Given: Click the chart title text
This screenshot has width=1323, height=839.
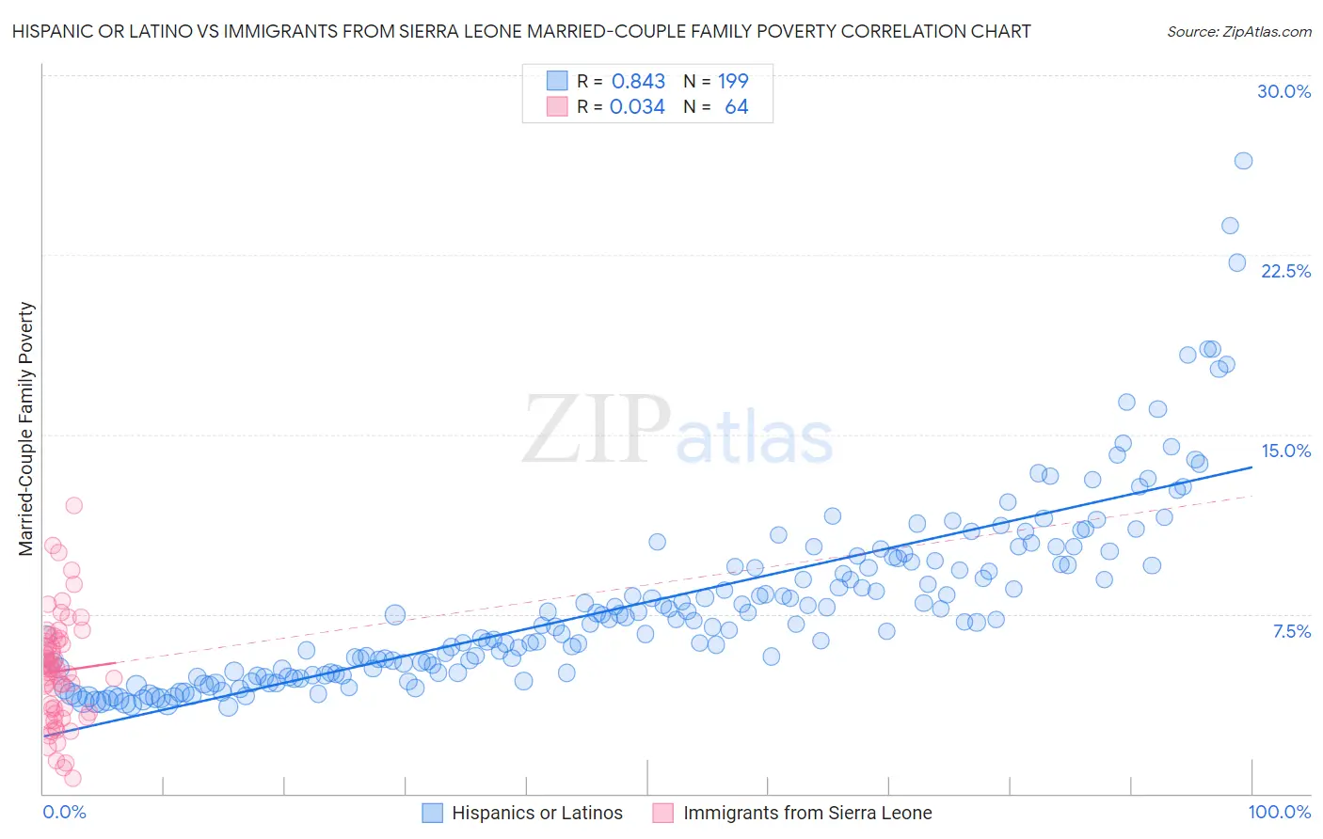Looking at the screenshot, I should [x=521, y=31].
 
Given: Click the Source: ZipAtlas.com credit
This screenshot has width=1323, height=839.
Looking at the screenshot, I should [x=1238, y=31].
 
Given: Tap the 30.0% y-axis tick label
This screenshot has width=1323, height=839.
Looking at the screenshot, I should [x=1283, y=91].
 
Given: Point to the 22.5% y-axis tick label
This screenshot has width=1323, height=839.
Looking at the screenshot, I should [x=1285, y=271].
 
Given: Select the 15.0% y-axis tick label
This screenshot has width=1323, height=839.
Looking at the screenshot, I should [x=1285, y=451].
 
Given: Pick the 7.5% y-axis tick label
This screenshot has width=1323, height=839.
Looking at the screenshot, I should [x=1291, y=631].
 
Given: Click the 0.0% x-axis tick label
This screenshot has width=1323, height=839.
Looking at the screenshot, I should [x=64, y=812].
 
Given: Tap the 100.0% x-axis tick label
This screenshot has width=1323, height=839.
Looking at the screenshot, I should [x=1279, y=812].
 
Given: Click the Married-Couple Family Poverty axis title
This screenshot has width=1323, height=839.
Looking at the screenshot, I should [x=26, y=428].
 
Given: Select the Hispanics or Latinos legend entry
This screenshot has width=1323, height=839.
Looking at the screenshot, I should [x=536, y=813].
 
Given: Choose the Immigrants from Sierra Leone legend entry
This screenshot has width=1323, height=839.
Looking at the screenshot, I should [x=806, y=813].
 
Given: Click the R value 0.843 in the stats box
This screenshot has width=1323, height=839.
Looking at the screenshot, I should [x=638, y=82].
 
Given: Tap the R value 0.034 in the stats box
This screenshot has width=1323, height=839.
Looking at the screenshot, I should [x=637, y=107].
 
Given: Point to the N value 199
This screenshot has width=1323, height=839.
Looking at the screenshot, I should [x=733, y=82].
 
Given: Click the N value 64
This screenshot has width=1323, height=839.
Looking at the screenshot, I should [x=736, y=107].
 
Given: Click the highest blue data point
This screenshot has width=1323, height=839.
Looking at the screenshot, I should [x=1243, y=161].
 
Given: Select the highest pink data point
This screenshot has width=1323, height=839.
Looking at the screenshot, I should [x=73, y=505].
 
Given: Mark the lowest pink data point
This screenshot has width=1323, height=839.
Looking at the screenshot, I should [x=72, y=778].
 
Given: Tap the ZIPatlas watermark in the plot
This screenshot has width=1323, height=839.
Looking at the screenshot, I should [x=677, y=431].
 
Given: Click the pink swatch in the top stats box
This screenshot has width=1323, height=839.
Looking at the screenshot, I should [x=557, y=107].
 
